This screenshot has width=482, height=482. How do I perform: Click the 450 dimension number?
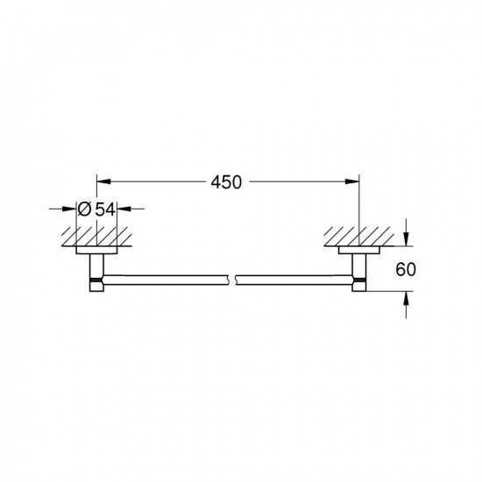(226, 182)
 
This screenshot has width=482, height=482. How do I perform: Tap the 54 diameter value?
(105, 209)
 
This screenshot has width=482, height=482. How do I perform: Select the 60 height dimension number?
(406, 269)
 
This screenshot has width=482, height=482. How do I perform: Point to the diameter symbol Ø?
(84, 209)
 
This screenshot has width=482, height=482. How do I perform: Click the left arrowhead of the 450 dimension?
(103, 181)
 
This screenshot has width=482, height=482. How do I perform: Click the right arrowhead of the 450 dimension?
(352, 181)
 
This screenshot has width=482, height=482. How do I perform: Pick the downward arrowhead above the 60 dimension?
(406, 239)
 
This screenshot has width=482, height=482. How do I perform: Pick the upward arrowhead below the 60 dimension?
(406, 298)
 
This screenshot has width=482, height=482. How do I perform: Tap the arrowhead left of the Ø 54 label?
(69, 209)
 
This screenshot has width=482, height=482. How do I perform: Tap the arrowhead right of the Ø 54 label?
(124, 209)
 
